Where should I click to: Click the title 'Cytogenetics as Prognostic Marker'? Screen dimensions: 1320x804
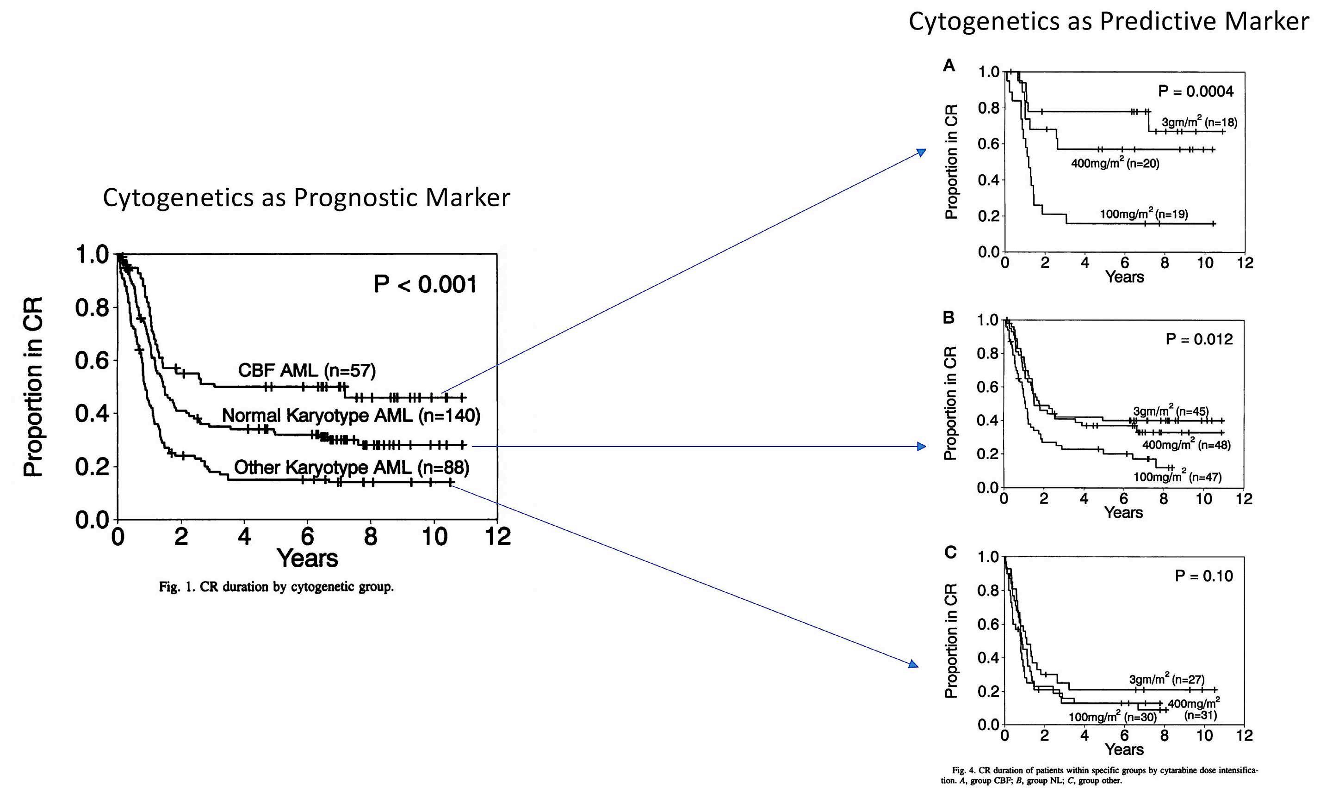pos(306,197)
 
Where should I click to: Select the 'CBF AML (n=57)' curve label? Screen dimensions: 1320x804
pos(306,370)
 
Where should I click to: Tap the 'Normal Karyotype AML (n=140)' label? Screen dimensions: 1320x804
pos(351,415)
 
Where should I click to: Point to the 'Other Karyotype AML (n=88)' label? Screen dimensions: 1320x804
pos(352,467)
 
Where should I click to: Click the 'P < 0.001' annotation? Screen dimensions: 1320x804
pos(425,284)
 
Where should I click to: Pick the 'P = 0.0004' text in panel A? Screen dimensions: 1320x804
pos(1196,92)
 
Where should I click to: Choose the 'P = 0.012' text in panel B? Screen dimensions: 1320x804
pos(1199,339)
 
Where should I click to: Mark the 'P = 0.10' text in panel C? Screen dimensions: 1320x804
pos(1204,576)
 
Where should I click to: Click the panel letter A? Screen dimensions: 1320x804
pos(949,66)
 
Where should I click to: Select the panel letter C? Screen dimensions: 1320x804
pos(950,552)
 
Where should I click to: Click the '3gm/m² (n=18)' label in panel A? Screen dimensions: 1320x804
pos(1199,123)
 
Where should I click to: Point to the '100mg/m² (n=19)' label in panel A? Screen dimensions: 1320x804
pos(1144,214)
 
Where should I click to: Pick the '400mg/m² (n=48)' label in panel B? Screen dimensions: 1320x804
pos(1186,444)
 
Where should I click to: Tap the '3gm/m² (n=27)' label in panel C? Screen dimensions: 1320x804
pos(1167,679)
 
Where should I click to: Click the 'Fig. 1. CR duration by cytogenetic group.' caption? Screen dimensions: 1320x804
pos(276,587)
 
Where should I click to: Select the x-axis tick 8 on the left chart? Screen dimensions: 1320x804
pos(370,536)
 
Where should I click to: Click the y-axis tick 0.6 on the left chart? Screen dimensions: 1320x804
pos(92,361)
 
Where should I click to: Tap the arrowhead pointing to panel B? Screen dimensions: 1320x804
pos(921,447)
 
